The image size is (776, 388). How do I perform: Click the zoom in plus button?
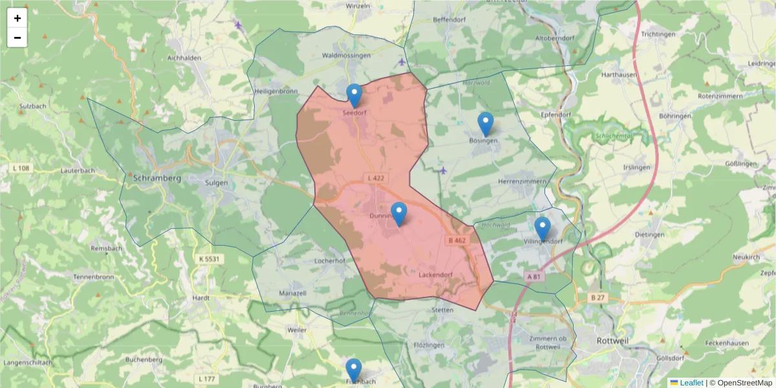[17, 18]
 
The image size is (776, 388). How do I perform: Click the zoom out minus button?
[17, 38]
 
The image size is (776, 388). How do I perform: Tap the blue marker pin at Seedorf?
[354, 96]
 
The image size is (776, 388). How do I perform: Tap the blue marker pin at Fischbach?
[353, 371]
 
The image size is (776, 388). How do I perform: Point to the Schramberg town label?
[156, 177]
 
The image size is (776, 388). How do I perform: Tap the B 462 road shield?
[457, 241]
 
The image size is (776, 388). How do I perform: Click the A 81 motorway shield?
[533, 276]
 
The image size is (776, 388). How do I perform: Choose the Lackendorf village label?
[435, 274]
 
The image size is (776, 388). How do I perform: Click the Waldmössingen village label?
[346, 56]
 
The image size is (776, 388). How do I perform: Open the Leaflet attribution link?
[691, 383]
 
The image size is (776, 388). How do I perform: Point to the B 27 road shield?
[598, 297]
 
